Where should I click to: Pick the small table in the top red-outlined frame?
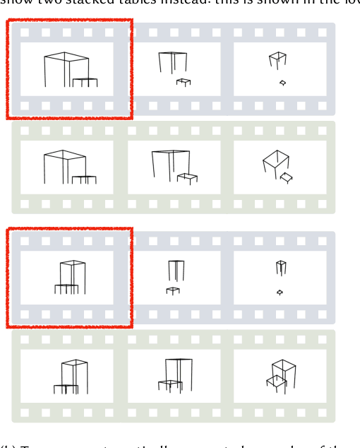[x=85, y=83]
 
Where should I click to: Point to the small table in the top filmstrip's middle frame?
[x=184, y=82]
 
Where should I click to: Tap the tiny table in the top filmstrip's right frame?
[x=282, y=83]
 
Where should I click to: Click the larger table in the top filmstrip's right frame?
[x=277, y=59]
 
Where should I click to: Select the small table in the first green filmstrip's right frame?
[x=286, y=177]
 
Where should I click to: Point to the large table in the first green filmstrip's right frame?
[x=275, y=162]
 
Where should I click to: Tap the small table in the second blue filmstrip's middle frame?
[x=173, y=290]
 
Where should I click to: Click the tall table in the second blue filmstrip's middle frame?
[x=176, y=271]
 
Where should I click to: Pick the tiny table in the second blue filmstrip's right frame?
[x=280, y=292]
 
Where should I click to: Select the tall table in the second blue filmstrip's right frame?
[x=281, y=267]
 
